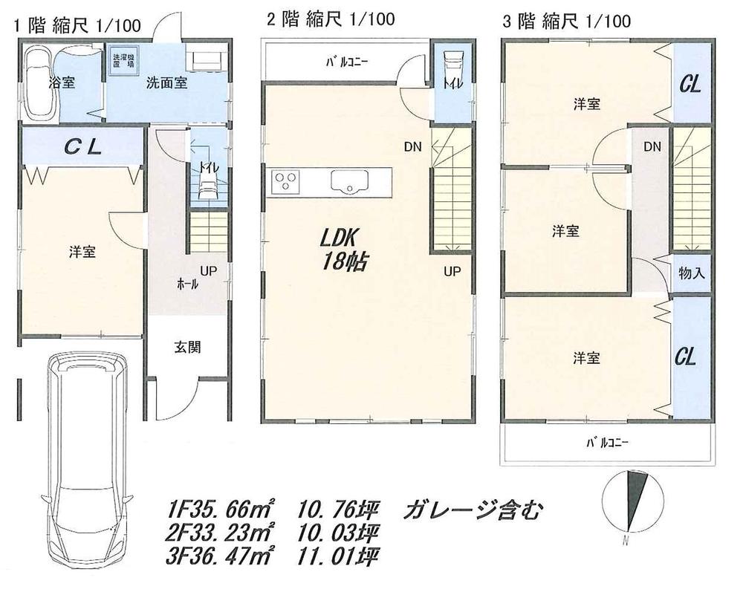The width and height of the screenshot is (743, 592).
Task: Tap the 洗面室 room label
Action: pyautogui.click(x=166, y=83)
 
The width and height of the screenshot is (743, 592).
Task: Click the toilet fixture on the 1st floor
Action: pyautogui.click(x=205, y=189)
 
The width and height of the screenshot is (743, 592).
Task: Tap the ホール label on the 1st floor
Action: pyautogui.click(x=186, y=284)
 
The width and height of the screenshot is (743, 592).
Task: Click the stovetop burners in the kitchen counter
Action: pyautogui.click(x=285, y=180)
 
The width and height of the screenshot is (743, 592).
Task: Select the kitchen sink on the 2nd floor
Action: pyautogui.click(x=348, y=181)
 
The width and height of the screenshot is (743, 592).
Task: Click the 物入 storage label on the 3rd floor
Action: pyautogui.click(x=691, y=273)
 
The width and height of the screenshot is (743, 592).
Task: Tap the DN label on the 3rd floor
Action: pyautogui.click(x=652, y=147)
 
